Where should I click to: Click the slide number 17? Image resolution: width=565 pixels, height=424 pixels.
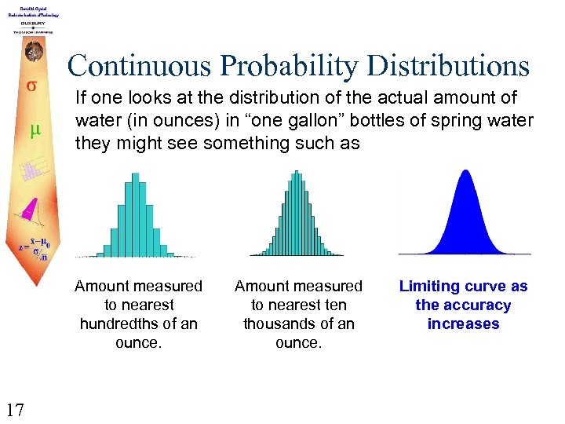tap(16, 408)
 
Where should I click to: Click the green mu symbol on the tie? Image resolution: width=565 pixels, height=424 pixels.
tap(34, 129)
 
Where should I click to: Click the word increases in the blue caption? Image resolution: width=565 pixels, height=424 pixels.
tap(463, 324)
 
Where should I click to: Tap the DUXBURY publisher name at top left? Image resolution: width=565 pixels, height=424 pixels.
tap(32, 24)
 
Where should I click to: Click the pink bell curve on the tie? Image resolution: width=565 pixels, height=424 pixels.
tap(29, 208)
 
